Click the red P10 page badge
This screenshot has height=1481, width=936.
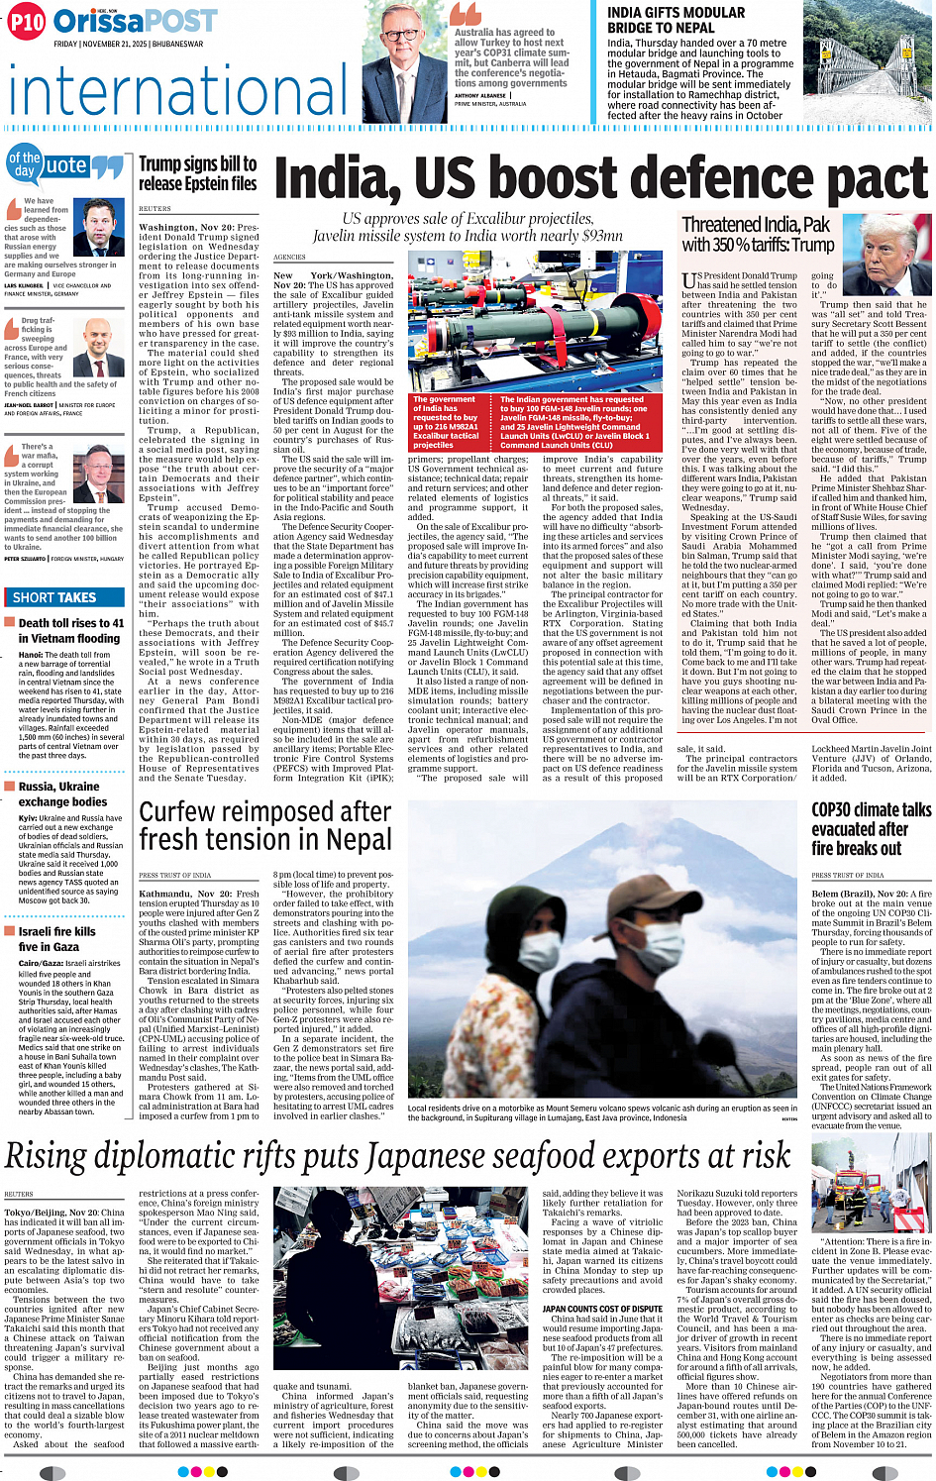tap(27, 21)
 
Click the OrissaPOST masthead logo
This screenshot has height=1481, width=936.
tap(135, 21)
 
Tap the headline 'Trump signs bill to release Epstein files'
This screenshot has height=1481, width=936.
tap(198, 173)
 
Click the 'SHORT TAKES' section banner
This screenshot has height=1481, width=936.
tap(54, 597)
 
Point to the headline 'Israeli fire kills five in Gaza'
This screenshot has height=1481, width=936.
tap(56, 939)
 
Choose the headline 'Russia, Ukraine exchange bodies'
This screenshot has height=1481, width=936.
tap(62, 793)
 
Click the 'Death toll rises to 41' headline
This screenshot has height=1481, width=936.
tap(70, 630)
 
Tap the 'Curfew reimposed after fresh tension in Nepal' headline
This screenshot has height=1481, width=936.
tap(265, 825)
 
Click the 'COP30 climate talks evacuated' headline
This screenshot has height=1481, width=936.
tap(871, 829)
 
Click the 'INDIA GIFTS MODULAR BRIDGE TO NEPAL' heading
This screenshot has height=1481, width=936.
tap(676, 20)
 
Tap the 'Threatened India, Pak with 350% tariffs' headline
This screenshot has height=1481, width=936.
tap(758, 235)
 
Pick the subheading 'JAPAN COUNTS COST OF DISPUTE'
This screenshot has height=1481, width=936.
tap(602, 1309)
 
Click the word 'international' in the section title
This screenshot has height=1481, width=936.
tap(178, 91)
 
